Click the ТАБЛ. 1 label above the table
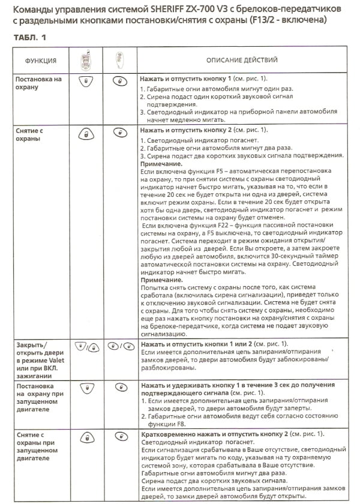pyautogui.click(x=28, y=38)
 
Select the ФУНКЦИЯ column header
pyautogui.click(x=41, y=61)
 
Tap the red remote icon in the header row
pyautogui.click(x=88, y=60)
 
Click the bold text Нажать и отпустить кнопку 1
pyautogui.click(x=182, y=79)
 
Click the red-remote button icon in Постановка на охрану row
pyautogui.click(x=88, y=80)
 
